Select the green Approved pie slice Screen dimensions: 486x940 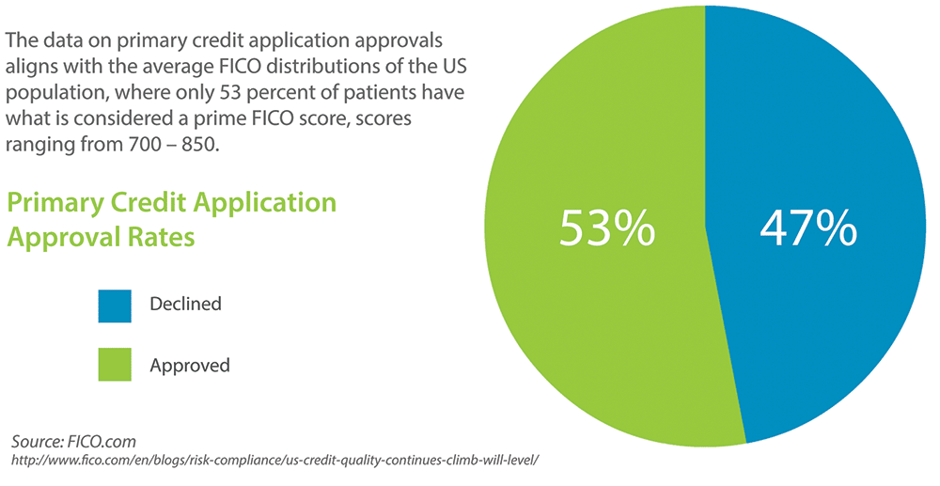[x=583, y=320]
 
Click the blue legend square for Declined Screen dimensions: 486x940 [x=113, y=305]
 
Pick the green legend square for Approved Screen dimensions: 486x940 [x=113, y=364]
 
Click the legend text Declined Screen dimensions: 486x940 [x=185, y=305]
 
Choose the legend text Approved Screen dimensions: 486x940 [x=190, y=365]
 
